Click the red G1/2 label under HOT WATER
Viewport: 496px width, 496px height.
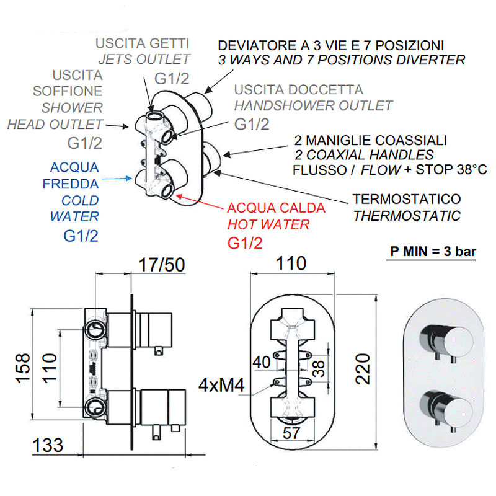(245, 243)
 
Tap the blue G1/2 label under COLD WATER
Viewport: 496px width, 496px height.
(81, 236)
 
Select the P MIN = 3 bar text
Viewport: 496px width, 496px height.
(433, 252)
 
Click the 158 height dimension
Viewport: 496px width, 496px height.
(23, 368)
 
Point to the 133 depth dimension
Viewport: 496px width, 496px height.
(48, 445)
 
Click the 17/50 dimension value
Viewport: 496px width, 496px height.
(162, 265)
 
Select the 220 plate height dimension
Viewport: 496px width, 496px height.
(363, 369)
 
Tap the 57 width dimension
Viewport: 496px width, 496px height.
(291, 433)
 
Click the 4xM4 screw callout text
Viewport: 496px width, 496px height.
(221, 385)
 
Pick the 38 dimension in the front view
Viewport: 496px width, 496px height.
(319, 369)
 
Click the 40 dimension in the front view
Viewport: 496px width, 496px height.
(262, 362)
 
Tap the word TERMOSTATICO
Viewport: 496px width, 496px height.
(407, 199)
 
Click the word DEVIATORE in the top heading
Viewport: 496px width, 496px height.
(257, 45)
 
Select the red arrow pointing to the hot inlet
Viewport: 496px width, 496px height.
(199, 203)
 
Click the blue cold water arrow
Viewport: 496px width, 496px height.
(117, 179)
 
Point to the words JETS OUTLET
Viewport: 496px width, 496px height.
(144, 59)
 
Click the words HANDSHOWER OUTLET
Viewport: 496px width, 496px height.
(313, 105)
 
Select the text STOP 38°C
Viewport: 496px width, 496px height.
(451, 169)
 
